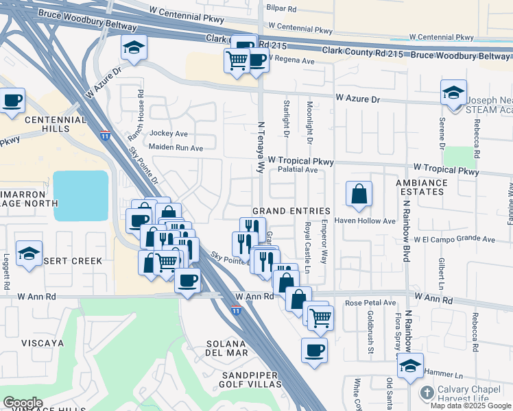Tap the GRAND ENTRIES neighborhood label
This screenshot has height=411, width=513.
click(291, 211)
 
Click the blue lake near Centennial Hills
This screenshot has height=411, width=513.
click(81, 195)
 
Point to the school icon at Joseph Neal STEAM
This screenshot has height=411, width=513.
click(453, 92)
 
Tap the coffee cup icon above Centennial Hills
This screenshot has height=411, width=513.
click(12, 101)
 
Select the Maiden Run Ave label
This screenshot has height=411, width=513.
click(178, 148)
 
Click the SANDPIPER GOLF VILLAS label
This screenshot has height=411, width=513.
click(251, 379)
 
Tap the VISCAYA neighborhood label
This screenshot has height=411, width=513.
click(42, 342)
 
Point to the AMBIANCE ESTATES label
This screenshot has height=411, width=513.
click(421, 188)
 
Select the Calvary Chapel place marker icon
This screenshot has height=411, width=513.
click(426, 393)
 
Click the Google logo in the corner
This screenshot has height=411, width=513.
click(23, 403)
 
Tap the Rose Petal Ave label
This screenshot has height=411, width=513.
click(371, 302)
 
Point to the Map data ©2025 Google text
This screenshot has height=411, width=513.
click(470, 406)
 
